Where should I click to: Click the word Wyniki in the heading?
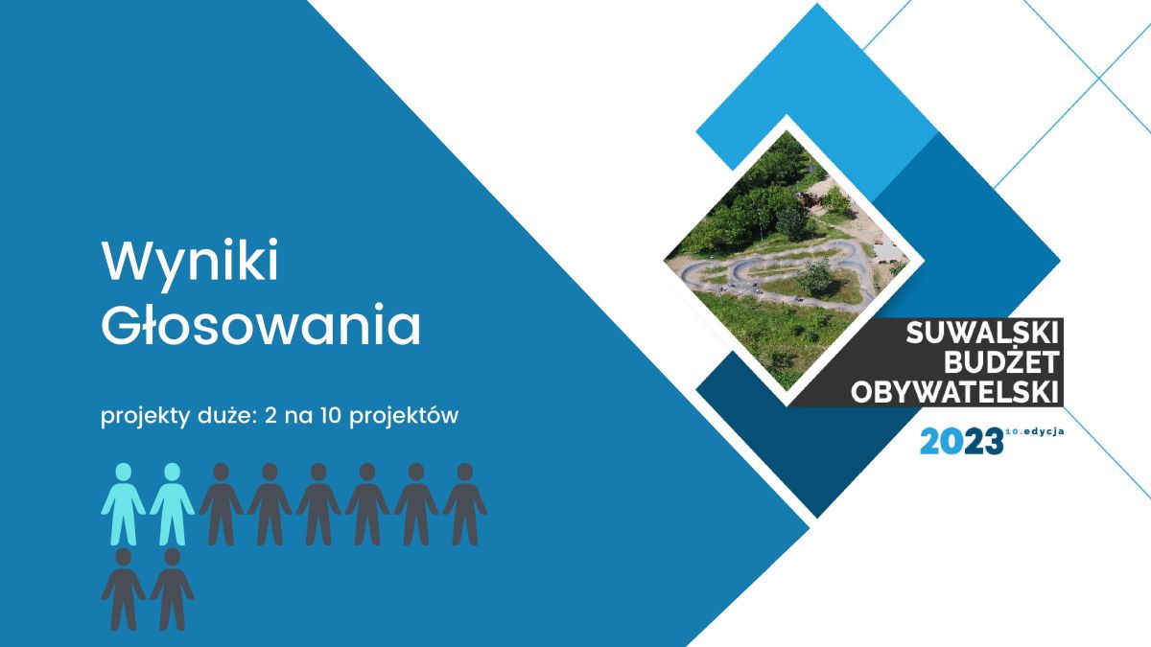tap(190, 262)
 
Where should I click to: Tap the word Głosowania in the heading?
tap(261, 325)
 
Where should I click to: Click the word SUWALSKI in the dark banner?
tap(982, 334)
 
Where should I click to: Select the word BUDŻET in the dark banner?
tap(1001, 361)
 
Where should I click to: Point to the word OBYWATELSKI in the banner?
tap(954, 392)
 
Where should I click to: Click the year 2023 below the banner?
tap(961, 441)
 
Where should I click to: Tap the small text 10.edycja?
tap(1034, 432)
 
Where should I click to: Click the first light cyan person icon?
tap(124, 504)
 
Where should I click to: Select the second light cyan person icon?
tap(172, 504)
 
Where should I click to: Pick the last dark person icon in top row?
tap(465, 504)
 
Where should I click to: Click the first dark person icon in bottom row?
tap(124, 589)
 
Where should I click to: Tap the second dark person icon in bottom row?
tap(172, 589)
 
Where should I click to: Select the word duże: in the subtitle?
tap(226, 415)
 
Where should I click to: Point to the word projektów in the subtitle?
tap(404, 416)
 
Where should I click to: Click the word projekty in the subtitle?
tap(146, 416)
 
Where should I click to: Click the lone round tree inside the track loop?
tap(815, 276)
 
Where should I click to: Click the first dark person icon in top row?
tap(221, 504)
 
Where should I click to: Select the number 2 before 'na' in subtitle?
tap(270, 415)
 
